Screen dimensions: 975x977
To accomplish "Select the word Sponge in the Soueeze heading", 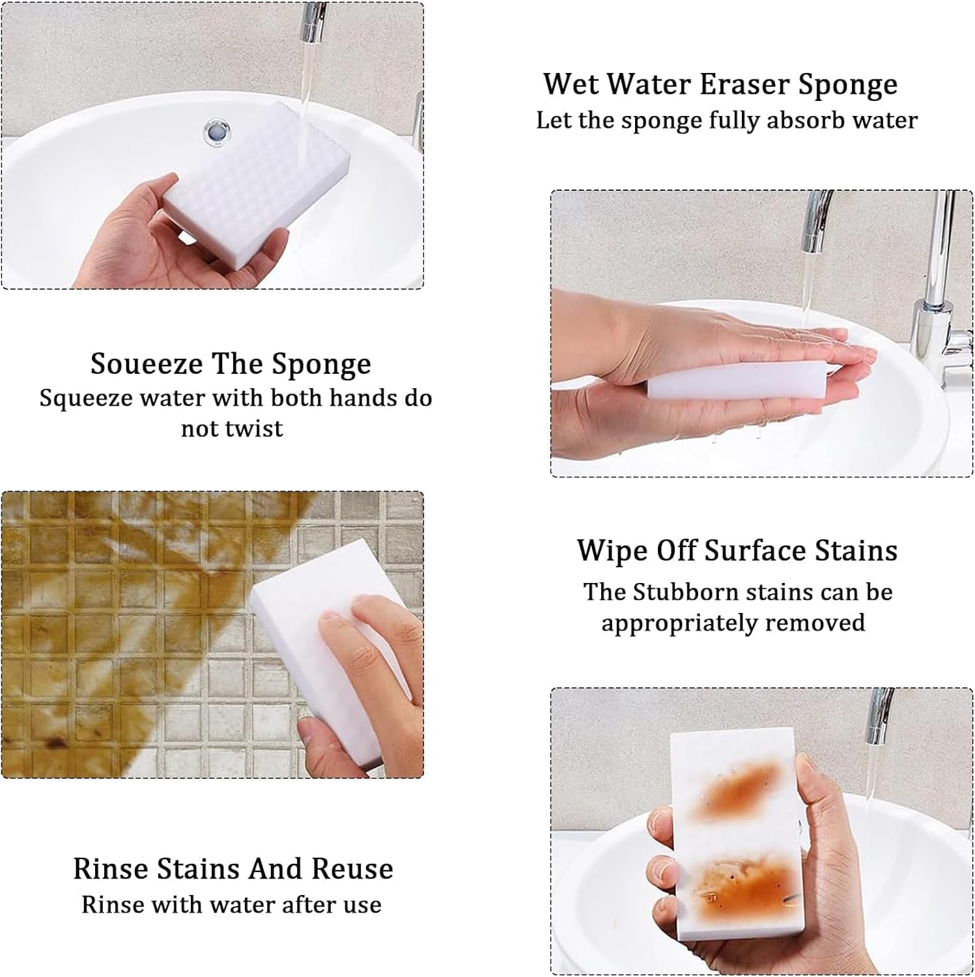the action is (x=322, y=365).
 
